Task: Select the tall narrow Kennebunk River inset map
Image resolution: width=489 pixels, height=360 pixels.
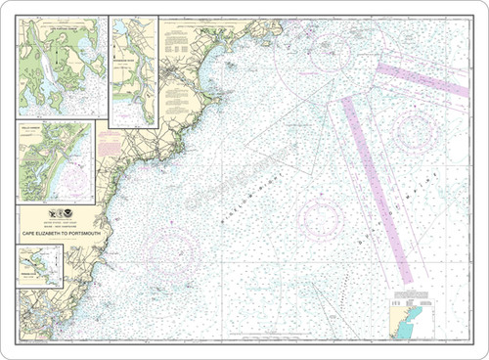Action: pos(133,70)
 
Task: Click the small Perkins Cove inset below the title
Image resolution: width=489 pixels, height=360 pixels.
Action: pos(39,265)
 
